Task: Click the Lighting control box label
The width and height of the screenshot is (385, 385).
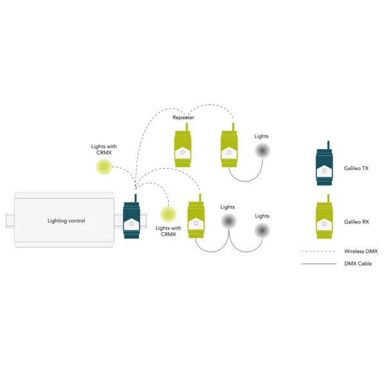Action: pyautogui.click(x=66, y=221)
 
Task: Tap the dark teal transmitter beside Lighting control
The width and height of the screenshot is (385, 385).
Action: pyautogui.click(x=132, y=216)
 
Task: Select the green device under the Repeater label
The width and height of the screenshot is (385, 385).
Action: pyautogui.click(x=183, y=145)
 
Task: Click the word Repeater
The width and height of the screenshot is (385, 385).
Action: pyautogui.click(x=184, y=117)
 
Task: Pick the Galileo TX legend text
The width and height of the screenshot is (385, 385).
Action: pyautogui.click(x=356, y=168)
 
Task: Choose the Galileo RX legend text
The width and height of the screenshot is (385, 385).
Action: pyautogui.click(x=356, y=222)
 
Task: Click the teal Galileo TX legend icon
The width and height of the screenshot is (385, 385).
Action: pyautogui.click(x=324, y=163)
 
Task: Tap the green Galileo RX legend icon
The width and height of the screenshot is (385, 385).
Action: pyautogui.click(x=324, y=217)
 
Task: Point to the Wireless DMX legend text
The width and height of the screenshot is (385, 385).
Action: pyautogui.click(x=361, y=251)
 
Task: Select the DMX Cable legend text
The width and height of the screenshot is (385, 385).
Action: pyautogui.click(x=358, y=264)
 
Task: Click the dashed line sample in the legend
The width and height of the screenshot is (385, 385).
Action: pyautogui.click(x=318, y=252)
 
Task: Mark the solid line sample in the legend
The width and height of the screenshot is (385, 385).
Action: pyautogui.click(x=319, y=264)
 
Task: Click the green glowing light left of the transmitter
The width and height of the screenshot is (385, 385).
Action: pyautogui.click(x=104, y=167)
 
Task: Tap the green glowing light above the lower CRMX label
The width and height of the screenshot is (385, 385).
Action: pyautogui.click(x=168, y=214)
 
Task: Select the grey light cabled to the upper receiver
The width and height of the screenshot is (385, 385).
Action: pyautogui.click(x=262, y=151)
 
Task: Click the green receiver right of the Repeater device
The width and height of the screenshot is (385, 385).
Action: pyautogui.click(x=229, y=145)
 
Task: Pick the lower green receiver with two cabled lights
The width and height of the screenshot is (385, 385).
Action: pyautogui.click(x=196, y=216)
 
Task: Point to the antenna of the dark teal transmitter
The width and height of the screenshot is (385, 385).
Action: pyautogui.click(x=135, y=198)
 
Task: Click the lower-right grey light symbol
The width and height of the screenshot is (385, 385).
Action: pyautogui.click(x=262, y=230)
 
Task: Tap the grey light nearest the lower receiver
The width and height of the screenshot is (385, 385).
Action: pyautogui.click(x=228, y=221)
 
